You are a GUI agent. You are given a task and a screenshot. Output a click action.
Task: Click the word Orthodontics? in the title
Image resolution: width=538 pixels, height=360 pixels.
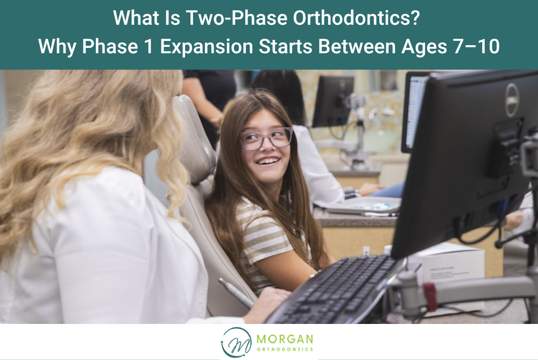click(356, 17)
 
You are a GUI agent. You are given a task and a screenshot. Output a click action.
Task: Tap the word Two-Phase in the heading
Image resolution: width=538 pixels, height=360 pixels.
click(237, 17)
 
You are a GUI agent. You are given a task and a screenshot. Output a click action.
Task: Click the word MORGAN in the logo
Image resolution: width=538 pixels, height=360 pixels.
click(285, 339)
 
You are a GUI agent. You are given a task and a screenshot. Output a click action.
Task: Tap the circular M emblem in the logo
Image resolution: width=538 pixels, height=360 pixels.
click(236, 342)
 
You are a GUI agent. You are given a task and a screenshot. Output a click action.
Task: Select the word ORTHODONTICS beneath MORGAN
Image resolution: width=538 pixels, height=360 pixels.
click(285, 349)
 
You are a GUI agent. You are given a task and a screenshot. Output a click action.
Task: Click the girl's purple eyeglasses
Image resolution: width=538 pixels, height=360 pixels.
click(266, 139)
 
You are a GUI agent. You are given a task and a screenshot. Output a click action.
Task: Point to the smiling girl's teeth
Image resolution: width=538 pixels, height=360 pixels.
click(268, 160)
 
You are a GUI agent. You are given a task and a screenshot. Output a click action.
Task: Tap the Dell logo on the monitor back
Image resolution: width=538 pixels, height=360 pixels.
click(512, 100)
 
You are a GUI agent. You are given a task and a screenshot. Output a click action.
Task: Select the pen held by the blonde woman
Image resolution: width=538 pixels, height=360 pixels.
click(236, 293)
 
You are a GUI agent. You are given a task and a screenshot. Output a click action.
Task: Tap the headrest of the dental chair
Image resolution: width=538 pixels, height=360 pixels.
click(194, 137)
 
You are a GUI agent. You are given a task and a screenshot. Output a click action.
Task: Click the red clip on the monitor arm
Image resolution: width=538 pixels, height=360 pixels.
click(430, 296)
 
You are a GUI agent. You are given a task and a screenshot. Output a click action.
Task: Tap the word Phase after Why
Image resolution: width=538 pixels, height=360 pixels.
click(110, 46)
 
